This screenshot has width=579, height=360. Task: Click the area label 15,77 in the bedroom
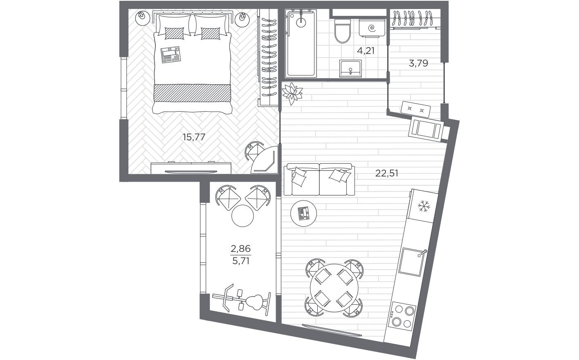193,137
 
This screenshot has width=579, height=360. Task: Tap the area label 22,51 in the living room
386,173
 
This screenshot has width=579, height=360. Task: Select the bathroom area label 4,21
366,51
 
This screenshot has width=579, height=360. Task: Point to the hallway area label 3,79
418,63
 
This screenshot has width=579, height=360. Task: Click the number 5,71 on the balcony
241,261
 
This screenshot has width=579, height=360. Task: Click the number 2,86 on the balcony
241,248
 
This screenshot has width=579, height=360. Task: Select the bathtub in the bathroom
301,44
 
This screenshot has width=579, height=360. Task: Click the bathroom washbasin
350,68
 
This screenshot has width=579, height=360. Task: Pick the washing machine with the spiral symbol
372,28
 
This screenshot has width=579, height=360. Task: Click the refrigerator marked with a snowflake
423,206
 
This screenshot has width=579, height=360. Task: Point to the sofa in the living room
319,179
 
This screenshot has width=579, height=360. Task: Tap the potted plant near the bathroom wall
292,93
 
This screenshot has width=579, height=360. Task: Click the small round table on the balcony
243,215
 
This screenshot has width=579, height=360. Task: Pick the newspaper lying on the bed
171,55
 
